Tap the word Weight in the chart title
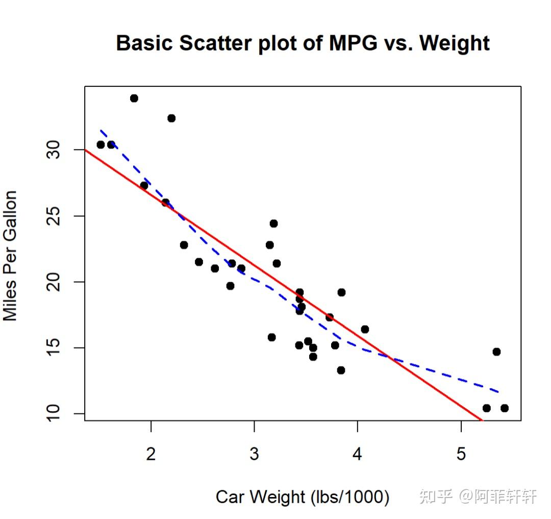pos(455,43)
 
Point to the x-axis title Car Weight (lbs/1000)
pos(303,497)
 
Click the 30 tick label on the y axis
pos(53,150)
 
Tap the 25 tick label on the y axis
pos(53,216)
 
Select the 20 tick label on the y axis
pos(53,282)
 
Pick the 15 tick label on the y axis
pos(53,348)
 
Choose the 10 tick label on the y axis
pos(53,414)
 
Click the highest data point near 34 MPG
pos(134,98)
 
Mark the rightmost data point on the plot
pos(505,408)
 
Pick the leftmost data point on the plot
pos(101,144)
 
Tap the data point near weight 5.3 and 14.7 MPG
pos(496,352)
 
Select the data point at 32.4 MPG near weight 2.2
pos(171,118)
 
